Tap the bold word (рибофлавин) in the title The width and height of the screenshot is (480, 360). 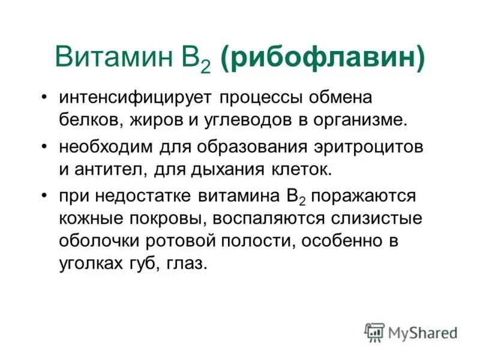323,59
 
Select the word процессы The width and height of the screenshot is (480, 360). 262,97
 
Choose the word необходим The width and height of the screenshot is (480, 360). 106,148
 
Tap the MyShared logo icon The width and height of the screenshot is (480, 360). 374,332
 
